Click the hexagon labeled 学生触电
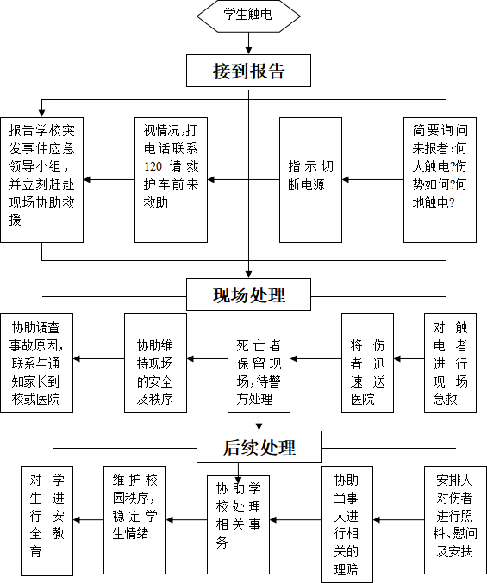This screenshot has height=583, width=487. point(248,16)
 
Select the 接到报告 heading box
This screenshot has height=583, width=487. point(248,71)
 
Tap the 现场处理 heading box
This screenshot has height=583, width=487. point(248,295)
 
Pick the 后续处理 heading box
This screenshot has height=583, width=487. point(259,447)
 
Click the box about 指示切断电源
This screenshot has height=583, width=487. point(310,180)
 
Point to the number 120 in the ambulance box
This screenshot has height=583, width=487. point(153,166)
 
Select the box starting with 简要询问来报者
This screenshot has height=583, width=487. point(440,180)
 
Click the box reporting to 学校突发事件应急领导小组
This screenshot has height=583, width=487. point(41,180)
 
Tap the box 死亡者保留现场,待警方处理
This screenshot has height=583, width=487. point(259,372)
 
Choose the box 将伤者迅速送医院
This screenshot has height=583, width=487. point(367,363)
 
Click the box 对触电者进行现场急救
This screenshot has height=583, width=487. point(451,363)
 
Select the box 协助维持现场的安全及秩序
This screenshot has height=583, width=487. point(155,363)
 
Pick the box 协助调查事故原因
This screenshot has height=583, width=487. point(36,363)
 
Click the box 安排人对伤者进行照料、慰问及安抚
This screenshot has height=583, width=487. point(455,520)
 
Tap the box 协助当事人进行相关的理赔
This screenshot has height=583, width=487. point(347,524)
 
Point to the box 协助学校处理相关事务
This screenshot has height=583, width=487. point(238,524)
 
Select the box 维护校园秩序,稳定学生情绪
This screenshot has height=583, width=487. point(134,520)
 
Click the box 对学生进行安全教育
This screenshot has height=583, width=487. point(47,520)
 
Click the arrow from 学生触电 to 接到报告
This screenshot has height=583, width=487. point(248,44)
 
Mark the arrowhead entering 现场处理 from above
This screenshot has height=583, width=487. point(248,275)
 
